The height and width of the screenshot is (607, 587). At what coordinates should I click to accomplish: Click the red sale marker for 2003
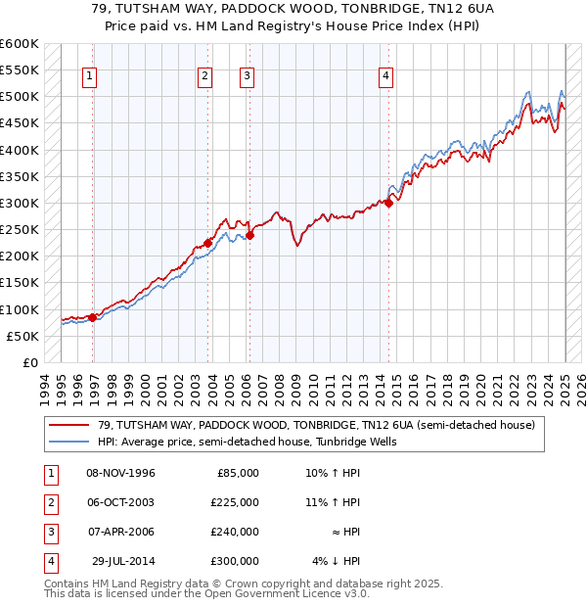click(x=208, y=243)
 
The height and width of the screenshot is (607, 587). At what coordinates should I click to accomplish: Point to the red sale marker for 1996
click(x=92, y=317)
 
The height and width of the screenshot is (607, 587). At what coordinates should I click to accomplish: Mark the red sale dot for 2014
click(x=388, y=203)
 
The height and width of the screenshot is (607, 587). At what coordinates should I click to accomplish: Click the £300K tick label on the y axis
click(x=19, y=204)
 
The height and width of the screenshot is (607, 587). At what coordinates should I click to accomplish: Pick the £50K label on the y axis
click(x=23, y=336)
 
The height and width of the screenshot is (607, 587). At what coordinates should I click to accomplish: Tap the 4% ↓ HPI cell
click(x=337, y=561)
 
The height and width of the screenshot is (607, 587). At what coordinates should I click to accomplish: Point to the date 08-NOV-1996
click(x=121, y=473)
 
